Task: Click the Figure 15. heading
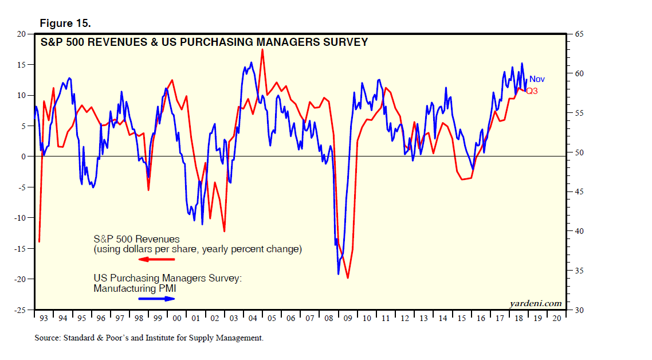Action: point(65,24)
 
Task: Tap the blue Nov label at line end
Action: point(537,79)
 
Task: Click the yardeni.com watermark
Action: point(535,303)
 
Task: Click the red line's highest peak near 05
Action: point(262,49)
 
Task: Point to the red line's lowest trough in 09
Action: point(347,277)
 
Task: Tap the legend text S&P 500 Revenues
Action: point(136,239)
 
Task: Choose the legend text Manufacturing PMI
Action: point(135,288)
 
